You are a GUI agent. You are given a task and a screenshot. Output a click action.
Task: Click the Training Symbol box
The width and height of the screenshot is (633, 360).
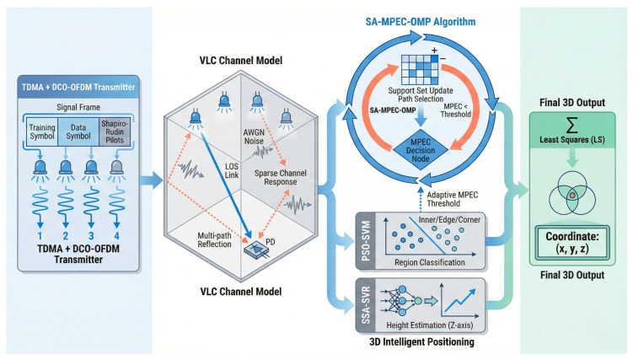pos(42,132)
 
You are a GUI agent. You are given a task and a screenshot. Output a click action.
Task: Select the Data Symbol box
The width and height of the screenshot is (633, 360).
pos(78,132)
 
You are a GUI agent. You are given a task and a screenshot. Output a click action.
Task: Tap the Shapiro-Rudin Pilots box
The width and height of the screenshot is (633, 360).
pos(115,132)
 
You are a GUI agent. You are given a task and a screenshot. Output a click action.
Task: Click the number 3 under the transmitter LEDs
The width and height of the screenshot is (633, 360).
pos(91,236)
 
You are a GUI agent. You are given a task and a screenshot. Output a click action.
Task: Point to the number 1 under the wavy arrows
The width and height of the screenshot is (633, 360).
pos(40,236)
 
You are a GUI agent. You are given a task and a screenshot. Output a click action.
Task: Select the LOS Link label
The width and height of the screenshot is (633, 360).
pos(232,170)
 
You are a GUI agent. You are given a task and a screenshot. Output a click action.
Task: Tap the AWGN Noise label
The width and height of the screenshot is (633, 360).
pos(254,137)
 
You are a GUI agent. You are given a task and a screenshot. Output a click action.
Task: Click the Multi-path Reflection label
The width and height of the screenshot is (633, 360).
pos(214,239)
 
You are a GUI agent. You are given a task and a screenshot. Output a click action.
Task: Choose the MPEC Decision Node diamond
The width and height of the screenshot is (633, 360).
pos(421,150)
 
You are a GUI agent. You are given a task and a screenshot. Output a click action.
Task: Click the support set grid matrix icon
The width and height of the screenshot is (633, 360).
pos(420,70)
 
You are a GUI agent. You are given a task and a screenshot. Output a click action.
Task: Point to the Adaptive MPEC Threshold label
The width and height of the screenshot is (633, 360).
pos(452,199)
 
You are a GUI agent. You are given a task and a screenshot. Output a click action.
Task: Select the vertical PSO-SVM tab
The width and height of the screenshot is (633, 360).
pos(366,241)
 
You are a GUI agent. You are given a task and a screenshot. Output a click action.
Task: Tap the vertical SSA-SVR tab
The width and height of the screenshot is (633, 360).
pos(366,305)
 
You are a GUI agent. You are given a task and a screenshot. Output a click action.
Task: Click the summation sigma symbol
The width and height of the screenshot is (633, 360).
pos(571,125)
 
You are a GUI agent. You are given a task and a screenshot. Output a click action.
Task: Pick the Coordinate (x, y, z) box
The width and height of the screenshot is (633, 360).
pos(572,243)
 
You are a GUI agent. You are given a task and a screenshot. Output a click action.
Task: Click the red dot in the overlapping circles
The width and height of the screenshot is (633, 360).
pos(572,196)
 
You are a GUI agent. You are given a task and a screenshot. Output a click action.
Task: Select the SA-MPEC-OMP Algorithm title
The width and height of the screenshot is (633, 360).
pos(421,22)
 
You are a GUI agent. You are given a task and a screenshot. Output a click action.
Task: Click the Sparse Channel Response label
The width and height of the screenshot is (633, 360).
pos(280,177)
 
